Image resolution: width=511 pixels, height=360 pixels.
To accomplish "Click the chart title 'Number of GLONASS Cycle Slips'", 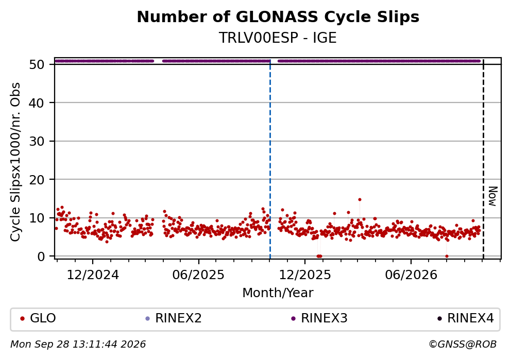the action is [278, 17].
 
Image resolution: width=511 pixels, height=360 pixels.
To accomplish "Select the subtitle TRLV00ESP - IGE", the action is [278, 38].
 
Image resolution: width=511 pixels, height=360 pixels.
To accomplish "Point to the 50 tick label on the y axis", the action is [37, 64].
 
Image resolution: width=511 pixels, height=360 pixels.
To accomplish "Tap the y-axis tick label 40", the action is [37, 103].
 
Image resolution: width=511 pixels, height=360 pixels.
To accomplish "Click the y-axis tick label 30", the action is [37, 141].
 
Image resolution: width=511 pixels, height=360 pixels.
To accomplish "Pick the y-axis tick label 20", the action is [37, 180].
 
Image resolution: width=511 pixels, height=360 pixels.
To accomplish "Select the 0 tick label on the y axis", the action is [41, 256].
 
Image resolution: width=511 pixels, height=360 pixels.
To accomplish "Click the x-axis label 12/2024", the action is [93, 276].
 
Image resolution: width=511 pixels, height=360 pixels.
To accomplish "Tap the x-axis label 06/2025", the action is [198, 276].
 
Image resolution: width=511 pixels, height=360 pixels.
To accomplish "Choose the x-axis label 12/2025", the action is [305, 276].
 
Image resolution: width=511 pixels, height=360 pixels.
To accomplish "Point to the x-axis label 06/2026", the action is [411, 276].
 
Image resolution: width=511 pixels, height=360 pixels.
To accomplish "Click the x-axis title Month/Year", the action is [278, 293].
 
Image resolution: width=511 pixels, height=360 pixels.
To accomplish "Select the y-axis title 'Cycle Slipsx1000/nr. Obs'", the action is [15, 162].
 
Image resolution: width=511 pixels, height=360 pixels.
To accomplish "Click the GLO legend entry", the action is [38, 318].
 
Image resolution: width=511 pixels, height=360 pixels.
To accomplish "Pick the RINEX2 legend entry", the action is [174, 318].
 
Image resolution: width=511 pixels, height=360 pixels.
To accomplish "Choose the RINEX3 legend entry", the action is [319, 318].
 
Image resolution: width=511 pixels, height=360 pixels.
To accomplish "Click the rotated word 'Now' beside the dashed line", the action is [493, 196].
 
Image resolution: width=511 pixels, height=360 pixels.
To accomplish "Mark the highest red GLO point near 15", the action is [360, 200].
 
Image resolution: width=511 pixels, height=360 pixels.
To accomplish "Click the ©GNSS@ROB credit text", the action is [463, 345].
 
